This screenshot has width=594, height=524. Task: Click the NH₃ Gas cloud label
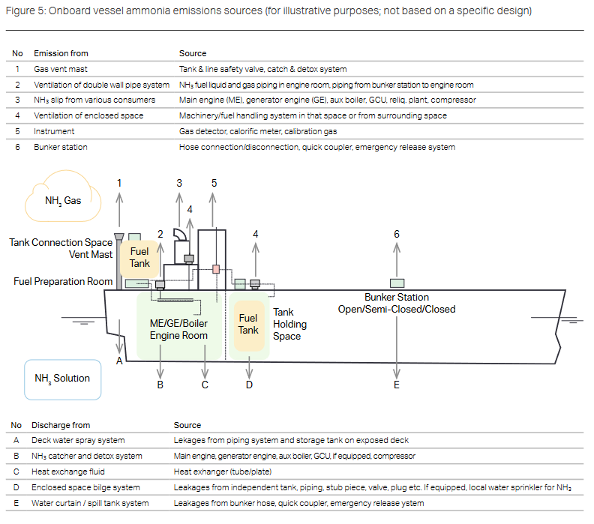click(64, 200)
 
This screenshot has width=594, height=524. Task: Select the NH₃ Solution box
click(62, 378)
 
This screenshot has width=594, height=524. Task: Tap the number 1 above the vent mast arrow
click(119, 183)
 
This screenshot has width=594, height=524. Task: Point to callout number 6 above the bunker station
click(397, 234)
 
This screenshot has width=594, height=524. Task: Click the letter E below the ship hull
click(397, 385)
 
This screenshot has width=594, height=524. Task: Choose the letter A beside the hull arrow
click(119, 361)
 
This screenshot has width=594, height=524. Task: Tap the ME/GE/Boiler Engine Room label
click(179, 329)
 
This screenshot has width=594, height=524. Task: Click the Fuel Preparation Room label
click(63, 282)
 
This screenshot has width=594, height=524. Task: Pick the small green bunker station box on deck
click(397, 283)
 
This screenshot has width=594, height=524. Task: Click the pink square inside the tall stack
click(215, 268)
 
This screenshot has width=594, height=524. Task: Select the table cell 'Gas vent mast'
click(57, 69)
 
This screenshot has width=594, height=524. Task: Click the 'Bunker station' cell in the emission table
click(61, 147)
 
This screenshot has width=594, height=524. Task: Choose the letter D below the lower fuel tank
click(249, 385)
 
